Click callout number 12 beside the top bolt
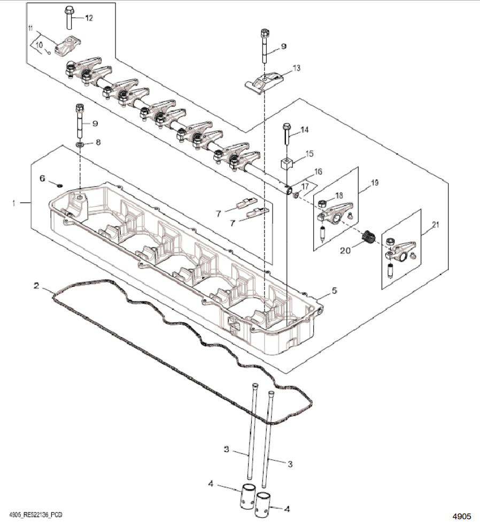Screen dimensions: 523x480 [89, 18]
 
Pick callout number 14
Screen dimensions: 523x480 [305, 130]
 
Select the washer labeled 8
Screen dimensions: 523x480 [80, 144]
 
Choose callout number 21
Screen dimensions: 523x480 [435, 225]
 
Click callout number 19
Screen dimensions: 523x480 [374, 183]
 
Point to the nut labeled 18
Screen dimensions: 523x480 [323, 204]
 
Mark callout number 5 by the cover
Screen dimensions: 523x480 [335, 291]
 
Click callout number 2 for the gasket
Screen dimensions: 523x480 [36, 286]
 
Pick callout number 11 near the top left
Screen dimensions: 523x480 [30, 28]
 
